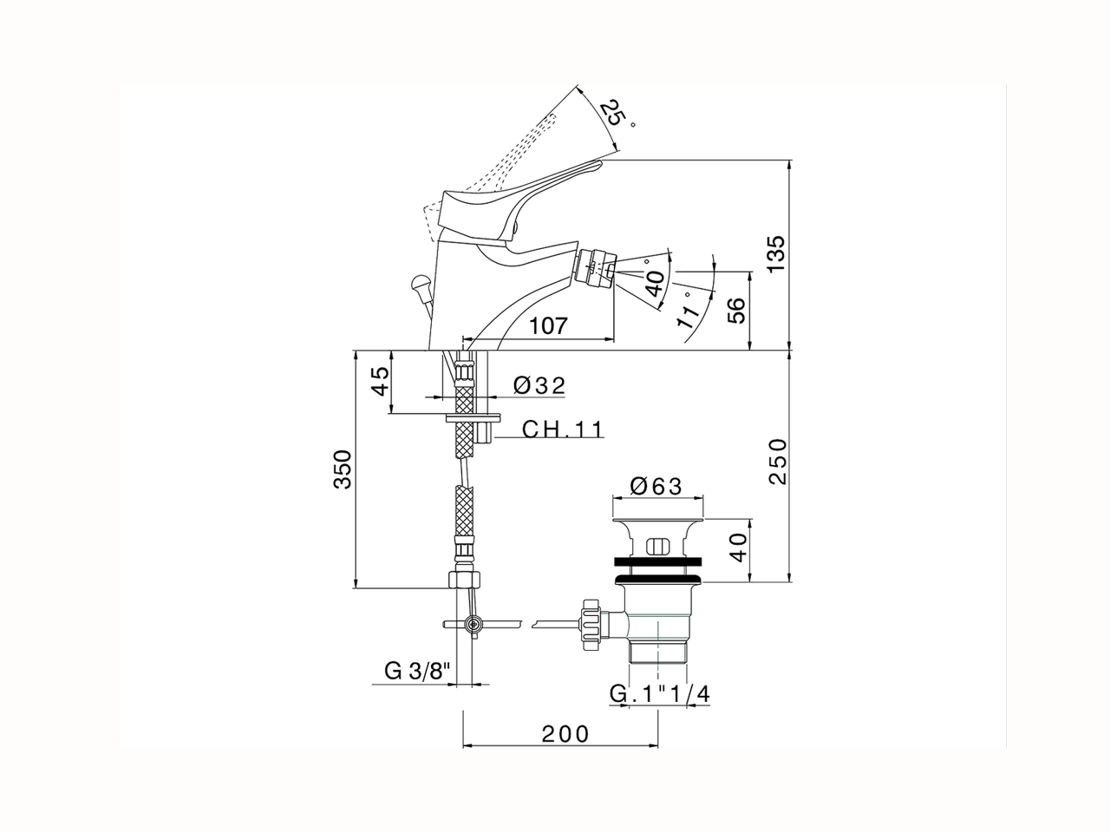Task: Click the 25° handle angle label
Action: coord(617,114)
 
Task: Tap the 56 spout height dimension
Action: coord(735,310)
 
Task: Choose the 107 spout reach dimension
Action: coord(549,326)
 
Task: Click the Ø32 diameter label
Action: coord(539,385)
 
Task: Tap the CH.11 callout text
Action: coord(562,429)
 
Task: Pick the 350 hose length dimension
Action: coord(344,469)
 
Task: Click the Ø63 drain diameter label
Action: coord(656,486)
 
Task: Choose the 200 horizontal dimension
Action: coord(565,734)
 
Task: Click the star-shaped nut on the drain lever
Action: coord(591,623)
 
